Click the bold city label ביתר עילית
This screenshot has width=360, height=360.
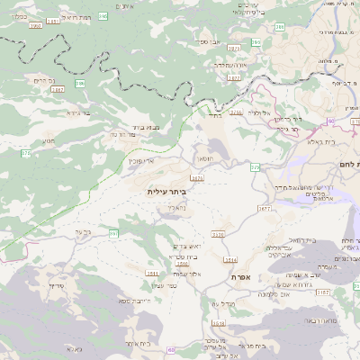coord(170,192)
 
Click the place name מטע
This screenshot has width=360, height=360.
coord(49,140)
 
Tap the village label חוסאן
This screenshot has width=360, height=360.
coord(206,157)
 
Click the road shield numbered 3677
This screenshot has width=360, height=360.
coord(264,208)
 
